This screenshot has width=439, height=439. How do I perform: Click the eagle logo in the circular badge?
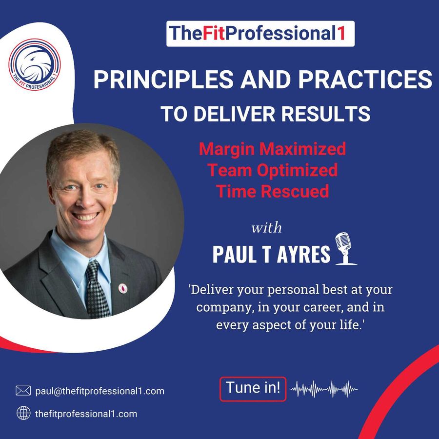(35, 64)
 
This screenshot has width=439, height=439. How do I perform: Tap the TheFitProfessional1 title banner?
(260, 34)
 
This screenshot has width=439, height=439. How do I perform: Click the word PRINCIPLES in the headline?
(163, 79)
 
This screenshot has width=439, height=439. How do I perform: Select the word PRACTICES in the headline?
(365, 79)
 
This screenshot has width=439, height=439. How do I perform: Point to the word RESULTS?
(326, 114)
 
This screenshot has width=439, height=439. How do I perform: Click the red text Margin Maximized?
(272, 149)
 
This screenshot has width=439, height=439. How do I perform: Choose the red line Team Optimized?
(272, 170)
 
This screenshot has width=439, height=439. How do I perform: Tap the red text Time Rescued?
(272, 192)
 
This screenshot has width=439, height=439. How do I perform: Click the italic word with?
(266, 227)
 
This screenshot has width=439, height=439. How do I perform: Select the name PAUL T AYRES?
(271, 254)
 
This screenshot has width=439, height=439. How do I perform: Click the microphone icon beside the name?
(345, 248)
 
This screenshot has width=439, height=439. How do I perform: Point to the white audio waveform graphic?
(324, 389)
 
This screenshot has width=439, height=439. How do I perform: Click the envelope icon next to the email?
(23, 391)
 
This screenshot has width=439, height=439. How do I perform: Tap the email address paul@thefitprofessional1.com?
(100, 391)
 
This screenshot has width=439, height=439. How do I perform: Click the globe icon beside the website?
(23, 413)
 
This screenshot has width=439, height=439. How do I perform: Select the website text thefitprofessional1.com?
(86, 414)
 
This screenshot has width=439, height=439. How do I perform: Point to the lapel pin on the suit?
(122, 288)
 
